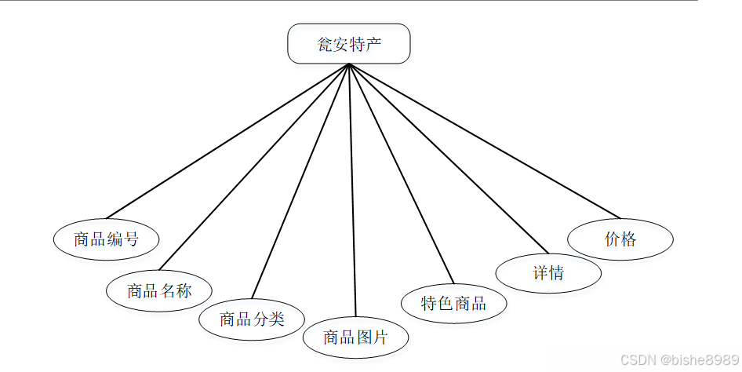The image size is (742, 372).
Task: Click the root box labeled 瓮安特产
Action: (349, 43)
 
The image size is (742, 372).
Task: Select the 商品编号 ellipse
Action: (106, 239)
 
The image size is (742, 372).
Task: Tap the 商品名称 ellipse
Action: (159, 290)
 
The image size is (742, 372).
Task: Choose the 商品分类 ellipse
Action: (251, 319)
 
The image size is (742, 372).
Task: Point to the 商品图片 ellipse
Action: (356, 337)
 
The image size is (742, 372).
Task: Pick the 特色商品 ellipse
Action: (453, 303)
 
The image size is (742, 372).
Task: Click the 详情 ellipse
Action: (548, 273)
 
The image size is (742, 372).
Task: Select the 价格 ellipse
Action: (620, 239)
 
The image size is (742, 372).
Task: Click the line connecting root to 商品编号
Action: (227, 141)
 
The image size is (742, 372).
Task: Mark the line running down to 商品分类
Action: (300, 181)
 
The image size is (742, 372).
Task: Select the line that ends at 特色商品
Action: (401, 173)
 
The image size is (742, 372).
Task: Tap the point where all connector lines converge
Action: (349, 65)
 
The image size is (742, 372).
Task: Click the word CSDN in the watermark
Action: (638, 359)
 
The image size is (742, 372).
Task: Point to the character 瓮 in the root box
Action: (324, 43)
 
